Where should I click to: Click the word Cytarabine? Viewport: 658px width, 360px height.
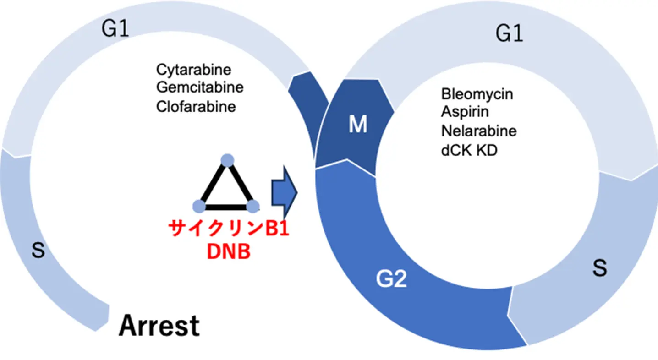pyautogui.click(x=194, y=70)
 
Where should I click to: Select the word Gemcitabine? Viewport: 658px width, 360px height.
pyautogui.click(x=200, y=87)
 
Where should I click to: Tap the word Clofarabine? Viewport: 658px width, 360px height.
pyautogui.click(x=196, y=106)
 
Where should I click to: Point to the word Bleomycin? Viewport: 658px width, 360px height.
pyautogui.click(x=477, y=94)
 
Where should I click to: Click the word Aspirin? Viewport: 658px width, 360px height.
pyautogui.click(x=465, y=112)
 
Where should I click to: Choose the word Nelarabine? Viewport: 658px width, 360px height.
pyautogui.click(x=479, y=131)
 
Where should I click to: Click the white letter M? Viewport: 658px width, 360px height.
pyautogui.click(x=358, y=125)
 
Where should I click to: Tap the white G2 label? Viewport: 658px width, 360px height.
pyautogui.click(x=391, y=279)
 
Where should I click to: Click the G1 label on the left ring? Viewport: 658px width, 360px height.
pyautogui.click(x=115, y=30)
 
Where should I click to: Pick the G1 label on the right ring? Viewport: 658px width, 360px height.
pyautogui.click(x=510, y=34)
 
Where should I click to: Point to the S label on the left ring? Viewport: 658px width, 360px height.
pyautogui.click(x=38, y=251)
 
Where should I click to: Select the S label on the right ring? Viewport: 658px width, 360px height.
pyautogui.click(x=599, y=269)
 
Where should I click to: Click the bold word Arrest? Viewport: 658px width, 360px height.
pyautogui.click(x=159, y=326)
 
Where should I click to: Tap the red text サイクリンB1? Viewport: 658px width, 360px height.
pyautogui.click(x=229, y=228)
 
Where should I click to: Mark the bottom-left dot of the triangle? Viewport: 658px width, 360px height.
pyautogui.click(x=199, y=206)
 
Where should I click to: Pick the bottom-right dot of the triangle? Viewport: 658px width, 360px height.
pyautogui.click(x=253, y=206)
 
